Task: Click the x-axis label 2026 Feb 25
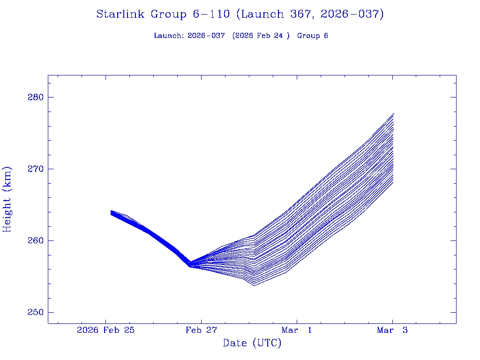[x=106, y=330]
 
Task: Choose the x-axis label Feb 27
[x=201, y=330]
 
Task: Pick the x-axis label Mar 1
[x=297, y=330]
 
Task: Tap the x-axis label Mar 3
[x=392, y=330]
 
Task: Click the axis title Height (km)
[x=7, y=199]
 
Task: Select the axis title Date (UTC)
[x=252, y=344]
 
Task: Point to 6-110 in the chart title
[x=211, y=15]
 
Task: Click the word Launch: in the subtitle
[x=169, y=36]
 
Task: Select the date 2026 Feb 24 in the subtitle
[x=261, y=36]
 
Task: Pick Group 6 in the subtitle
[x=313, y=36]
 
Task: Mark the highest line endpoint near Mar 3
[x=394, y=113]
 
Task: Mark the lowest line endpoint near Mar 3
[x=394, y=182]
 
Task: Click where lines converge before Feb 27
[x=190, y=264]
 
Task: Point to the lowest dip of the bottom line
[x=254, y=285]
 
